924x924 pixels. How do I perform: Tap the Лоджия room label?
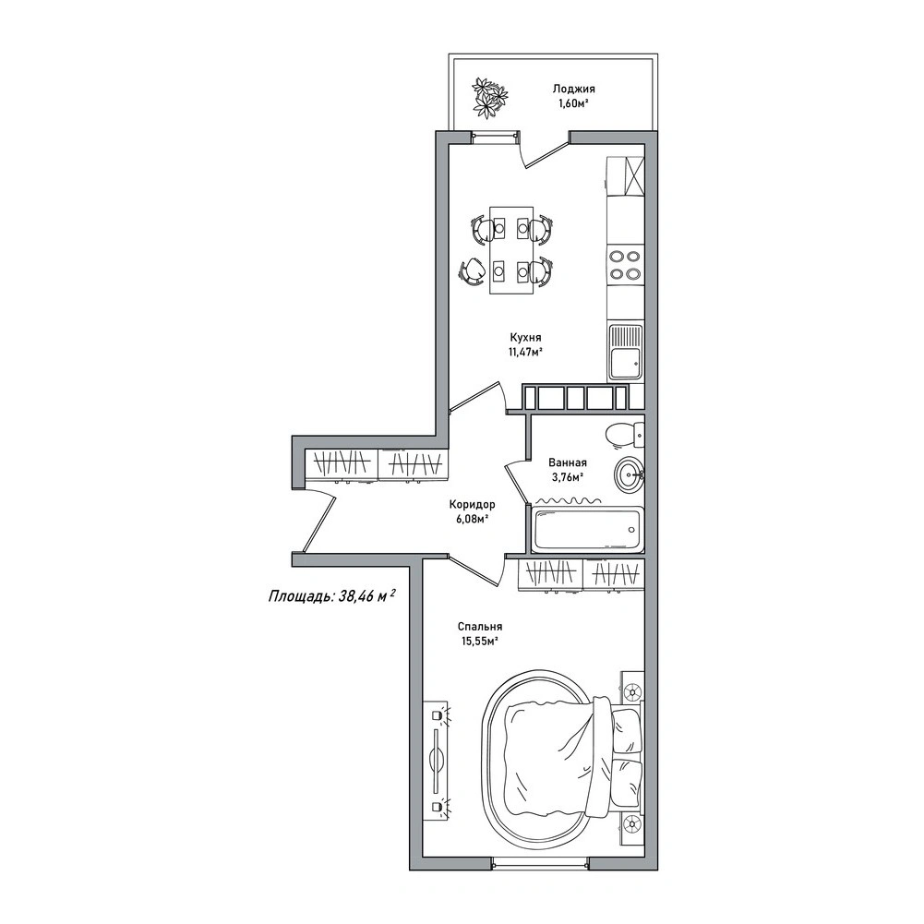coord(573,89)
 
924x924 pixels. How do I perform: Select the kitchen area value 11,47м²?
coord(525,353)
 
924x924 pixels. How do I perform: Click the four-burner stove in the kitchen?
coord(625,265)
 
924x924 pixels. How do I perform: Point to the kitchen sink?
coord(625,352)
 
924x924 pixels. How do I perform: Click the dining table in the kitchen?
coord(511,250)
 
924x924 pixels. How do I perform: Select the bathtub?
coord(587,529)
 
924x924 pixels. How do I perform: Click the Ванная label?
coord(568,462)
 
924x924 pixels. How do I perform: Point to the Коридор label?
coord(472,504)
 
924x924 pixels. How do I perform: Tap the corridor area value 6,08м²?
coord(472,519)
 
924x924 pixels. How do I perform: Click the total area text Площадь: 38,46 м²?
coord(331,595)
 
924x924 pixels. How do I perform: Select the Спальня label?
coord(480,627)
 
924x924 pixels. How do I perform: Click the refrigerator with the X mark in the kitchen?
coord(625,175)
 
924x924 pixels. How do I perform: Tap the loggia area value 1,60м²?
coord(573,104)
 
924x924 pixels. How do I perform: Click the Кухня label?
coord(525,338)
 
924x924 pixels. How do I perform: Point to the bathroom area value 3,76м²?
coord(568,477)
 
